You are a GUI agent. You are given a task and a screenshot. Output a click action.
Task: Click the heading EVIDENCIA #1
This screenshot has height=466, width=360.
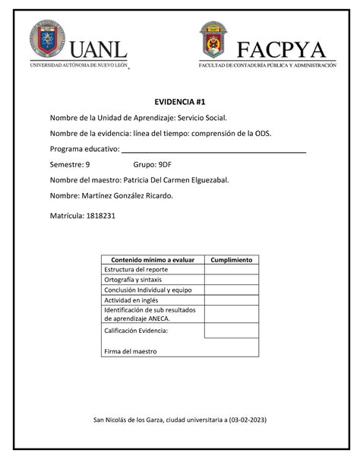pyautogui.click(x=179, y=101)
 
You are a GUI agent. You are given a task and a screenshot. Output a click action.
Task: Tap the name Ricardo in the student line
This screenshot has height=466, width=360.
pyautogui.click(x=156, y=195)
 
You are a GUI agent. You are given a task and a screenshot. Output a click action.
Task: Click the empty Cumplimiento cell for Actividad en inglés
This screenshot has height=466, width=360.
pyautogui.click(x=231, y=300)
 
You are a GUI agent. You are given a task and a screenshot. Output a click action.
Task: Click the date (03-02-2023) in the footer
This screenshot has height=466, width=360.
pyautogui.click(x=242, y=420)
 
